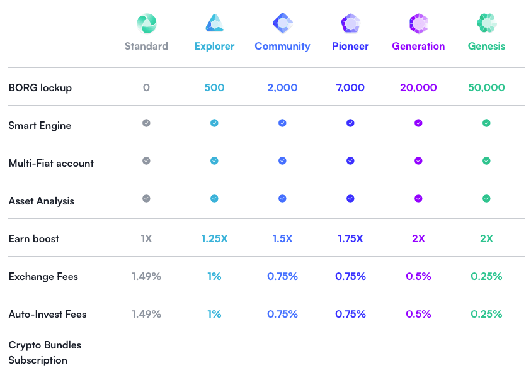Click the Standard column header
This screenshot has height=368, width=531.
click(x=146, y=46)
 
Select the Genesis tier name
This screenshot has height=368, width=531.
click(x=486, y=46)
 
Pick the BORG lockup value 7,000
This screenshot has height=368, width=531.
click(x=350, y=87)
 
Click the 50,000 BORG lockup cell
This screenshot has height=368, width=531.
click(x=486, y=87)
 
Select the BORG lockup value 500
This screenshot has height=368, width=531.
click(x=214, y=87)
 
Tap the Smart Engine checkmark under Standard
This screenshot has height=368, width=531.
click(x=146, y=123)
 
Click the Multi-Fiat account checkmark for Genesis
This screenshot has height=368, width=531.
click(x=486, y=161)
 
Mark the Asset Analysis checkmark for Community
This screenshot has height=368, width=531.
click(x=282, y=199)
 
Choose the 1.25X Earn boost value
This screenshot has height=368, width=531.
click(x=214, y=238)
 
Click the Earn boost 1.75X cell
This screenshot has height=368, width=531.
click(x=350, y=238)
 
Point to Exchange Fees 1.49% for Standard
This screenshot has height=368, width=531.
click(x=146, y=276)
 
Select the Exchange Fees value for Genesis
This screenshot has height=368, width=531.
click(x=486, y=276)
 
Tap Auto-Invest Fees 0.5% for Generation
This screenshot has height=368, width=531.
click(x=418, y=314)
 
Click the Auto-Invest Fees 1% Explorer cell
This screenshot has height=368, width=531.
click(x=214, y=314)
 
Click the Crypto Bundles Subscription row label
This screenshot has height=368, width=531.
click(x=45, y=352)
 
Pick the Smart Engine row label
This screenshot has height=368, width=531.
click(x=40, y=125)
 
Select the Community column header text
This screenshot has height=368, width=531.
click(x=282, y=46)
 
